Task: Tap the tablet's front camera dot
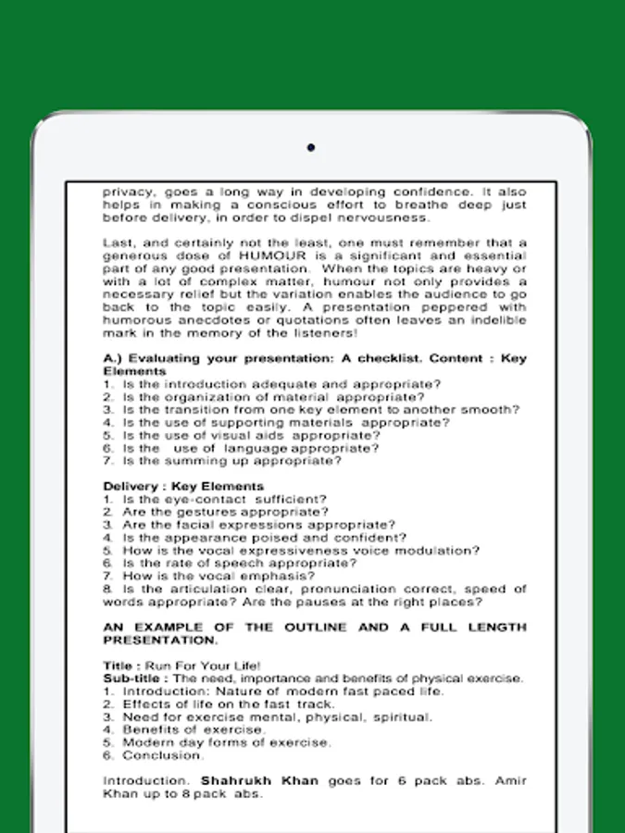311,147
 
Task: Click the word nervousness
388,218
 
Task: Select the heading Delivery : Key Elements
183,486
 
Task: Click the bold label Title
119,665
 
